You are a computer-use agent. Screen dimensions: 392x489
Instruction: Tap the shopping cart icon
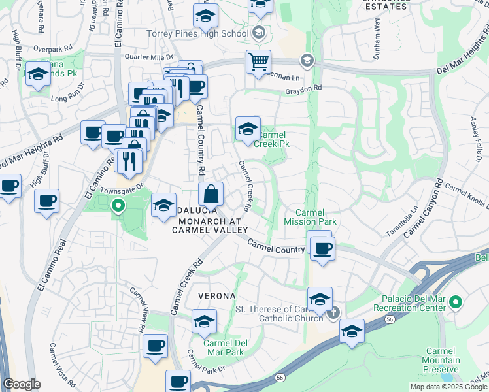(x=258, y=63)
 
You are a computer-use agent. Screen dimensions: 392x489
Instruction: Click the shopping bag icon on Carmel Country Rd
(x=211, y=194)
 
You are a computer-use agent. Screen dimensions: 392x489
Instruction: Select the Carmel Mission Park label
(x=316, y=217)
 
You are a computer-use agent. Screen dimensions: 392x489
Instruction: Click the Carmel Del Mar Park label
(x=224, y=348)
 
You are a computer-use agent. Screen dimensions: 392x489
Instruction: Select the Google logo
(x=22, y=384)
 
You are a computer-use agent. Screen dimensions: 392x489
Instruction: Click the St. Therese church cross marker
(x=333, y=313)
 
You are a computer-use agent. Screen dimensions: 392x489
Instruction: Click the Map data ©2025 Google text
(x=448, y=387)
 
